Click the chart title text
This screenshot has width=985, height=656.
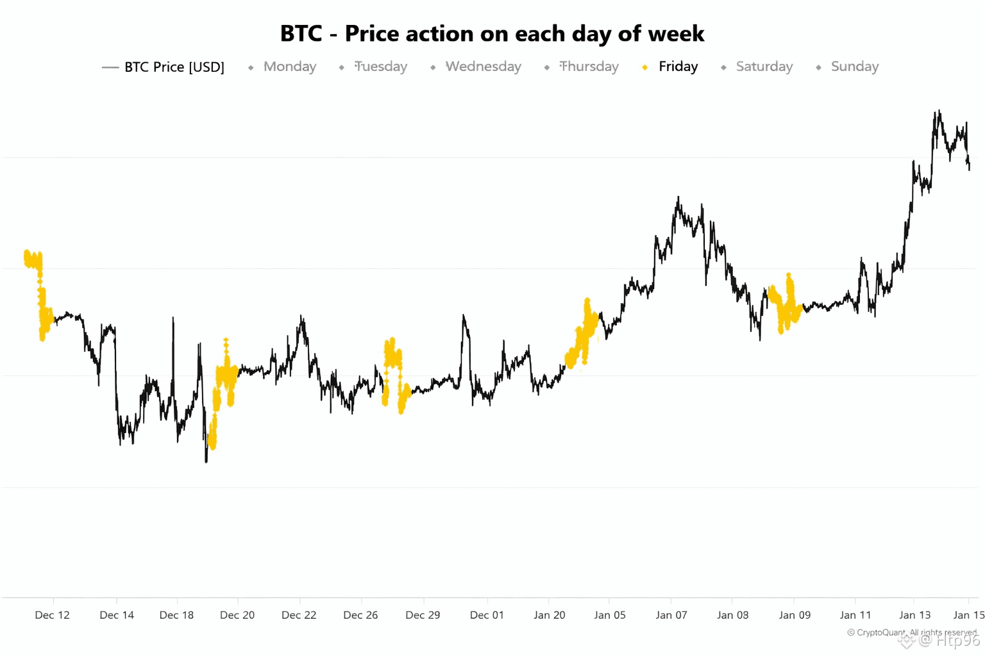tap(492, 33)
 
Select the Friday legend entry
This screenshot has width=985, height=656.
tap(678, 67)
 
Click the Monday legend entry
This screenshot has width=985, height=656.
tap(289, 67)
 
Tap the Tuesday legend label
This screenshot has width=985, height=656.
tap(381, 67)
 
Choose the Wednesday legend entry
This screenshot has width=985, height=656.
tap(483, 67)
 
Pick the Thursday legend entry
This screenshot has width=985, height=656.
tap(589, 67)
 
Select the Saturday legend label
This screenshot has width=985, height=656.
tap(764, 67)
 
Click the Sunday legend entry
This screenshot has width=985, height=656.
tap(854, 67)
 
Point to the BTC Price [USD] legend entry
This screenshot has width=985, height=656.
tap(174, 67)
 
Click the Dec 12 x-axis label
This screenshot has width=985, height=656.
tap(53, 615)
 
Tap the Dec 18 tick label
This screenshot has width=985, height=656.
tap(176, 615)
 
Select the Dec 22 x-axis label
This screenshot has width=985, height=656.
tap(299, 615)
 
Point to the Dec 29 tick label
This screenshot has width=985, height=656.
tap(423, 615)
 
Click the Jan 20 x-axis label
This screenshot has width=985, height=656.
tap(550, 615)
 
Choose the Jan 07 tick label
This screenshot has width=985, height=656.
tap(671, 615)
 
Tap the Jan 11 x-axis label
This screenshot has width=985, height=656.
tap(855, 615)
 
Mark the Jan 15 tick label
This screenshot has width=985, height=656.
tap(968, 615)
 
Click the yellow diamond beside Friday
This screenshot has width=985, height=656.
tap(645, 67)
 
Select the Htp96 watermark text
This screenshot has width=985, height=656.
tap(958, 639)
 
